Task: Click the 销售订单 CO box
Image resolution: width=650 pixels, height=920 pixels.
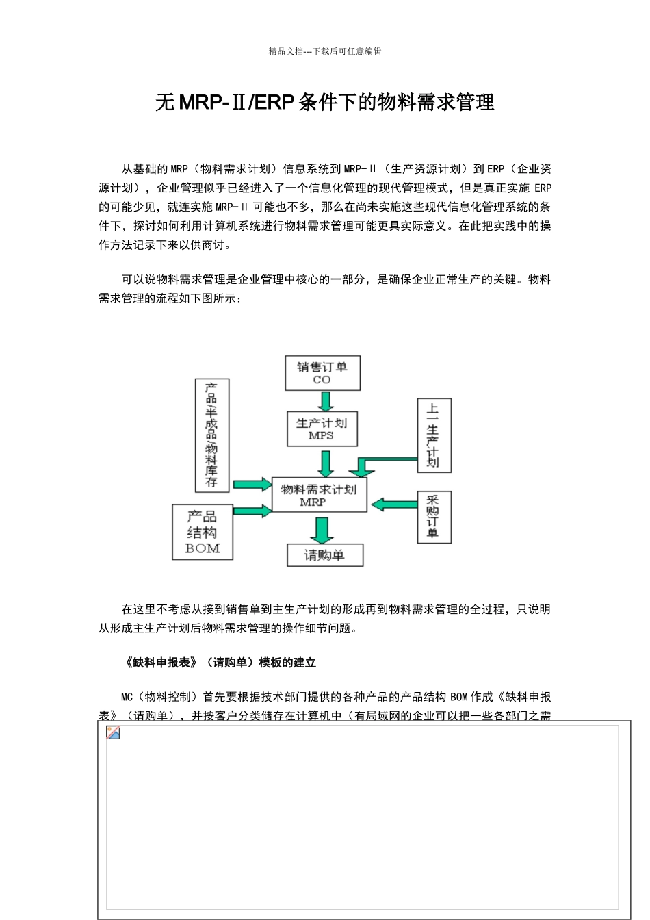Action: (322, 373)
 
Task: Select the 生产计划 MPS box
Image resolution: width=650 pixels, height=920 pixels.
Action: (322, 429)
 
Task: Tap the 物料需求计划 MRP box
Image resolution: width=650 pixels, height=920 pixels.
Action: (320, 495)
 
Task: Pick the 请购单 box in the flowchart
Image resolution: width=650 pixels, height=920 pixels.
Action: (324, 555)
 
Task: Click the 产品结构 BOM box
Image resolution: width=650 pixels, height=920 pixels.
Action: (203, 533)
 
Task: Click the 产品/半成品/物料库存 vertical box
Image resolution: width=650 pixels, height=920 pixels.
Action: (212, 435)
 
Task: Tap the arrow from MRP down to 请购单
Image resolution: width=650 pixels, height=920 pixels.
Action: (322, 530)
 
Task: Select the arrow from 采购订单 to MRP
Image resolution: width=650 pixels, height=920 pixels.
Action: (394, 504)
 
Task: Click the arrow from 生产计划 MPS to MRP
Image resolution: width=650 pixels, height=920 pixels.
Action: (326, 463)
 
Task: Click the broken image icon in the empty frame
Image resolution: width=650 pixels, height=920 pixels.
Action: (113, 733)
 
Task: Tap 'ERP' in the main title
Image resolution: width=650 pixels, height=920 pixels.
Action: (273, 103)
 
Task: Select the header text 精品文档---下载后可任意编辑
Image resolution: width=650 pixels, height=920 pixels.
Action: (325, 51)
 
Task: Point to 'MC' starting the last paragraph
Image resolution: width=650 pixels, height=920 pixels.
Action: (127, 697)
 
